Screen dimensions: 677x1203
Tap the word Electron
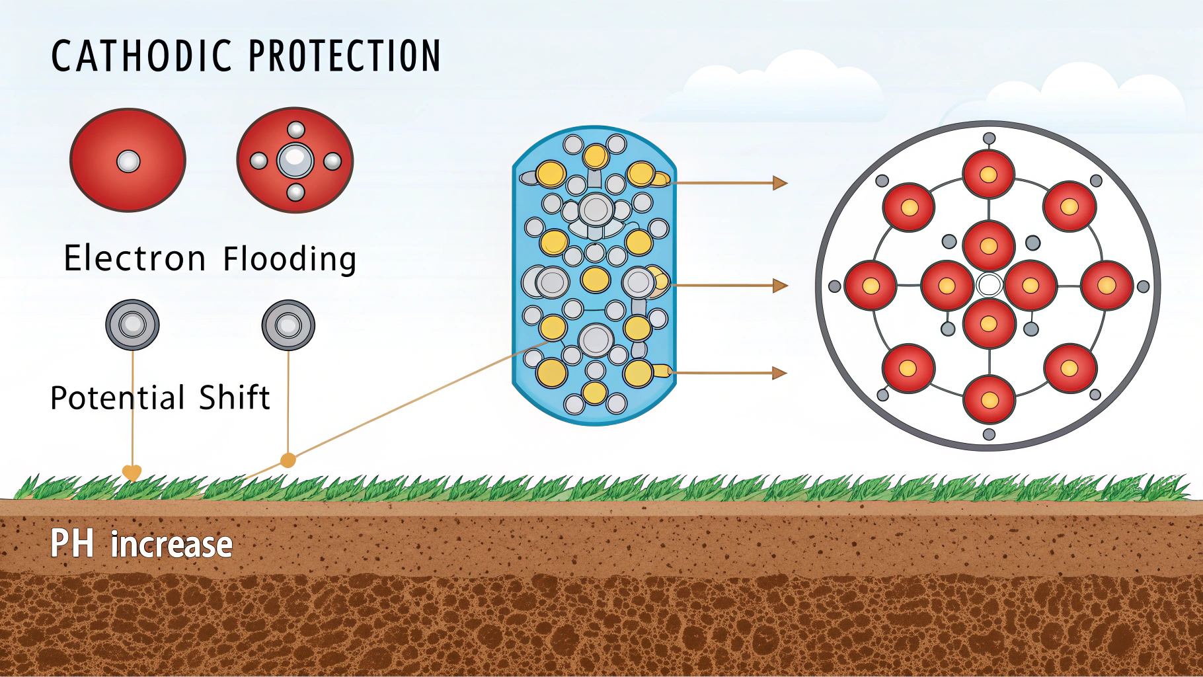135,258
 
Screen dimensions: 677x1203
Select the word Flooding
290,259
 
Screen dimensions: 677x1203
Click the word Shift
235,397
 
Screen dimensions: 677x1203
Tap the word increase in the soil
171,545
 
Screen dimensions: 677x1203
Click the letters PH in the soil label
72,544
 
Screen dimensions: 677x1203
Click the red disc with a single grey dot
128,160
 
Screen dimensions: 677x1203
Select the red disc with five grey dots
295,160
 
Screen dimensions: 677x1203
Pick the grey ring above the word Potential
132,325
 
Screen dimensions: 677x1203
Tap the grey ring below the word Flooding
288,325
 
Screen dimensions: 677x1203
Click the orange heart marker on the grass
132,473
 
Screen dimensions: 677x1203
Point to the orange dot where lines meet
288,460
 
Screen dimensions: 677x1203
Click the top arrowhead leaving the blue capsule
781,182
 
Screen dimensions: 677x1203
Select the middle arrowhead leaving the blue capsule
781,286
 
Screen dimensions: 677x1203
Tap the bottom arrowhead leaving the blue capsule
781,373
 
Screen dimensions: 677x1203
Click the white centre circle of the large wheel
989,285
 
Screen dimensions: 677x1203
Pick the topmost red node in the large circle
988,175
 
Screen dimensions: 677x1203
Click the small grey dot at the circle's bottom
989,434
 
